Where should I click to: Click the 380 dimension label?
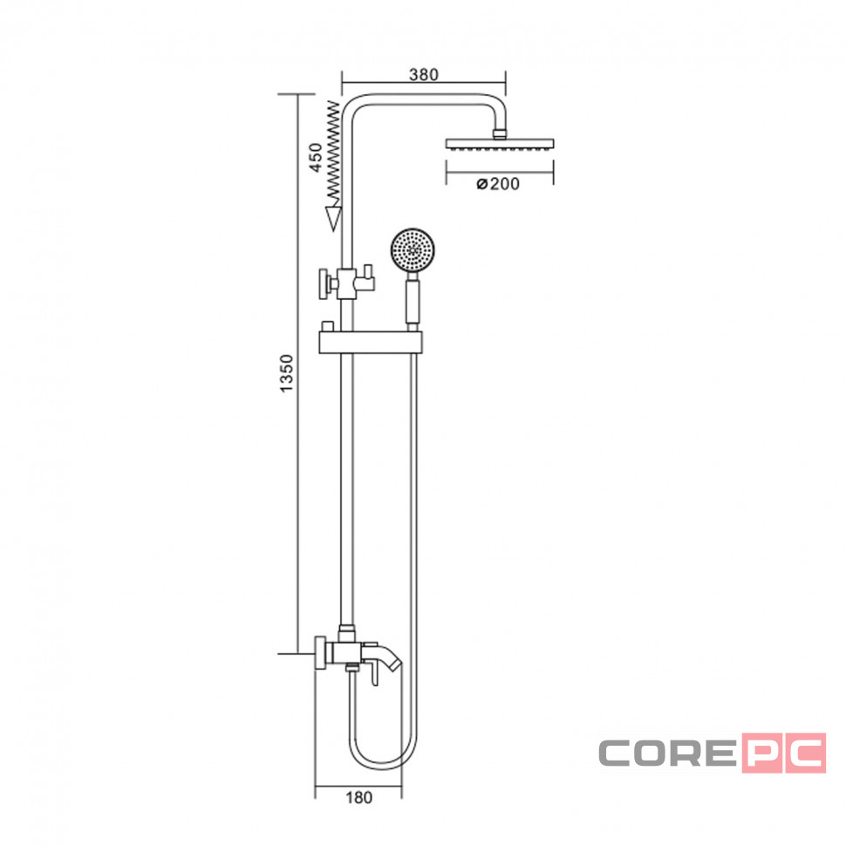[x=424, y=74]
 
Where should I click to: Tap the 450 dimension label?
[x=316, y=158]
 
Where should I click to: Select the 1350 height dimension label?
[x=286, y=373]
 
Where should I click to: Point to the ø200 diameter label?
[x=498, y=184]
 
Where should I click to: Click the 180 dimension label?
[x=358, y=797]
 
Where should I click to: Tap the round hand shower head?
[x=413, y=249]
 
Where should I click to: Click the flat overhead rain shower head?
[x=500, y=144]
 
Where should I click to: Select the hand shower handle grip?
[x=413, y=301]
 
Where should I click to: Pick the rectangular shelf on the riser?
[x=371, y=343]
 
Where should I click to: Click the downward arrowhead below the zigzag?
[x=334, y=219]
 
